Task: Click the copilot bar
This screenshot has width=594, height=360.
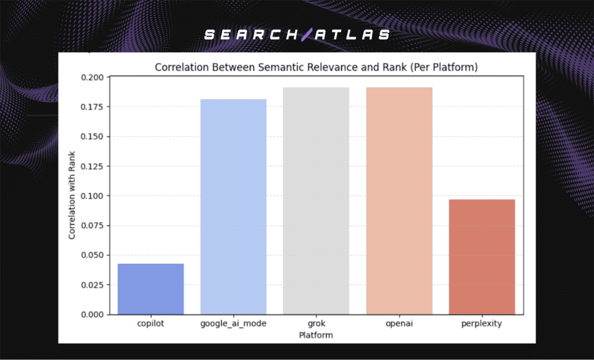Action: pyautogui.click(x=150, y=289)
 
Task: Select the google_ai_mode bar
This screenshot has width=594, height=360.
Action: pyautogui.click(x=233, y=206)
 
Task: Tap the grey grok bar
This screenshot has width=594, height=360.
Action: pyautogui.click(x=316, y=201)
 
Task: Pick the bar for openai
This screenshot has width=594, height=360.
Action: pyautogui.click(x=399, y=201)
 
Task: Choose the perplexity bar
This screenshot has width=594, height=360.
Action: pyautogui.click(x=481, y=257)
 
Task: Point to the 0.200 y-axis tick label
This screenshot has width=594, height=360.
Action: pyautogui.click(x=92, y=78)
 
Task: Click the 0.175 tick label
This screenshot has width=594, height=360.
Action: pyautogui.click(x=92, y=107)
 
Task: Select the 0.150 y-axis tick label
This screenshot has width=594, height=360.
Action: pyautogui.click(x=92, y=137)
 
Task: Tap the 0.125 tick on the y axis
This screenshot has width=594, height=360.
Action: pyautogui.click(x=92, y=166)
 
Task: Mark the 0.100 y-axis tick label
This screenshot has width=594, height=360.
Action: pyautogui.click(x=92, y=196)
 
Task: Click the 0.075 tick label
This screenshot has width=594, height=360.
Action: pyautogui.click(x=92, y=226)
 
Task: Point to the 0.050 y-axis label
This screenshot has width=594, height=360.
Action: pyautogui.click(x=92, y=255)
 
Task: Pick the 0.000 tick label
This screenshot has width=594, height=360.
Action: pyautogui.click(x=92, y=314)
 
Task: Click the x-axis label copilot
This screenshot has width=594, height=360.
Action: pyautogui.click(x=150, y=323)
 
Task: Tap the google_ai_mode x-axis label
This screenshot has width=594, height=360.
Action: pyautogui.click(x=233, y=324)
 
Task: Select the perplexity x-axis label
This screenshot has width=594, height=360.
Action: pyautogui.click(x=481, y=324)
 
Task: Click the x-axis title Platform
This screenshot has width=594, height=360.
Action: pyautogui.click(x=316, y=335)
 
